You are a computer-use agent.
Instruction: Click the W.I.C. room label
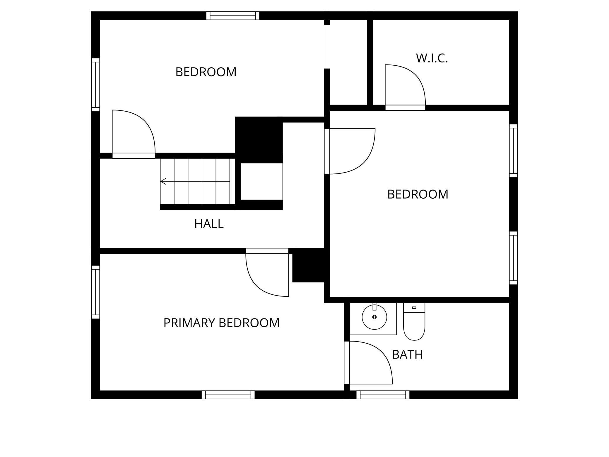(x=432, y=58)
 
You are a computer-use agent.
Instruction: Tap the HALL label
(x=209, y=224)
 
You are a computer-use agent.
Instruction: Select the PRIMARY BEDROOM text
(x=221, y=323)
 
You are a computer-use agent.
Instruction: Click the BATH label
(x=407, y=355)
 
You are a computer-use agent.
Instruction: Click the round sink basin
(x=374, y=317)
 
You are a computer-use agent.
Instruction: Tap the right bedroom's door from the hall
(x=350, y=151)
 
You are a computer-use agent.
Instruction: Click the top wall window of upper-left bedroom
(x=233, y=16)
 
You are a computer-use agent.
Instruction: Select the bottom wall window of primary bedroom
(x=228, y=395)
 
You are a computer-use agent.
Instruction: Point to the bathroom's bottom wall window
(x=383, y=395)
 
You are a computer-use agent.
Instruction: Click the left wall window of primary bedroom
(x=95, y=292)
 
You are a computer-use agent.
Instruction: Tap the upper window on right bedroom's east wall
(x=513, y=151)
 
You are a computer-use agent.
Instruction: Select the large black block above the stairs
(x=259, y=139)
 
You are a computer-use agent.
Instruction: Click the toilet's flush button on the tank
(x=414, y=308)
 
